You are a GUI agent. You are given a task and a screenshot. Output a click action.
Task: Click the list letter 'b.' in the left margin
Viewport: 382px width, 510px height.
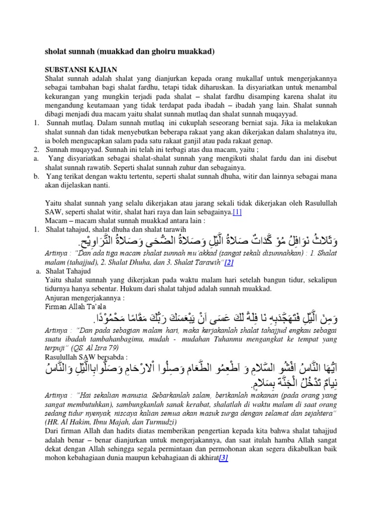coord(37,176)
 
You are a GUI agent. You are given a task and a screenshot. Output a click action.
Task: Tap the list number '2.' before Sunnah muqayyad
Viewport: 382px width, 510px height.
coord(36,149)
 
